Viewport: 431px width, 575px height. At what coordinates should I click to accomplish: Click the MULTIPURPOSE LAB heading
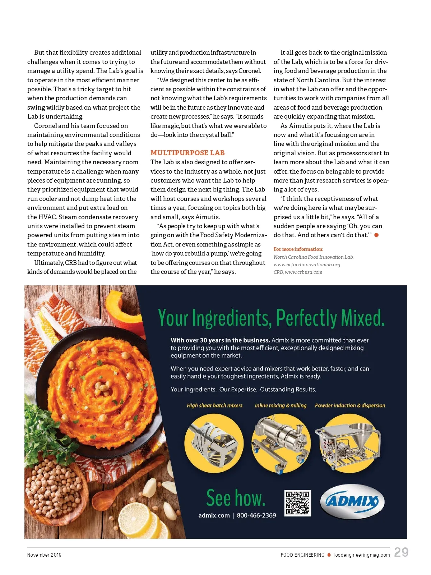click(187, 153)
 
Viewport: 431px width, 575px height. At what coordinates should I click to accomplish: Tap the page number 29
click(401, 552)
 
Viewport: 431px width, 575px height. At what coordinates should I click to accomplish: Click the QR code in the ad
click(297, 503)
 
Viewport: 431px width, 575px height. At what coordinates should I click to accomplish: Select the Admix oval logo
click(352, 502)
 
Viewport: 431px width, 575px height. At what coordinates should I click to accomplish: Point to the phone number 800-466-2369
click(256, 515)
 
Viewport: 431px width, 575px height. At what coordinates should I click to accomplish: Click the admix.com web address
click(214, 515)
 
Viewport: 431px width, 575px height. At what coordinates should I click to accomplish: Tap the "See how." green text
click(236, 498)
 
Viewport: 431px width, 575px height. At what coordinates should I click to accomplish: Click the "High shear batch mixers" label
click(214, 405)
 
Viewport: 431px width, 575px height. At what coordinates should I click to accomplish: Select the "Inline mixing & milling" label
click(281, 405)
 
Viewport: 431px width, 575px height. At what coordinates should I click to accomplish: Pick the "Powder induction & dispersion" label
click(350, 405)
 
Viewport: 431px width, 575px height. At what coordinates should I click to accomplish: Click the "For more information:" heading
click(298, 249)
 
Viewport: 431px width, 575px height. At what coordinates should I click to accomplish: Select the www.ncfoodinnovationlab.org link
click(307, 264)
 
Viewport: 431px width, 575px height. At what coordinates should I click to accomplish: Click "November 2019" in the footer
click(44, 555)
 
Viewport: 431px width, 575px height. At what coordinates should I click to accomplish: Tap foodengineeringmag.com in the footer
click(361, 555)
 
